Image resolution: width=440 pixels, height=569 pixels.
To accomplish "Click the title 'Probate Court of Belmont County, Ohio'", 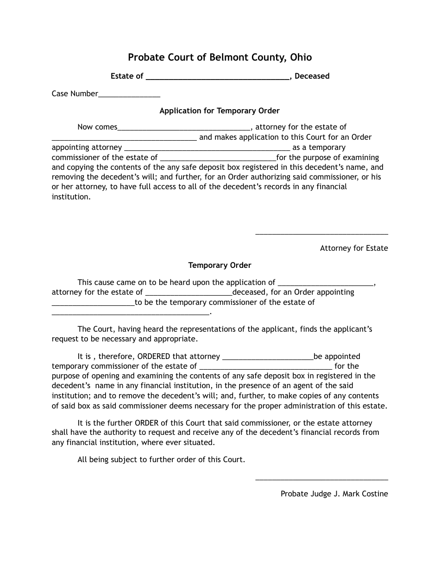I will pos(220,57).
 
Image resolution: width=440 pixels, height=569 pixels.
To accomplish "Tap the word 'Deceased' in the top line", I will pos(312,76).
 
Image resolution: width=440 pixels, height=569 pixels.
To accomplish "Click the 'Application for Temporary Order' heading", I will pos(220,111).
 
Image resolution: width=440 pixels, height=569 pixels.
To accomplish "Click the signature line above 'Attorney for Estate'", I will pos(321,234).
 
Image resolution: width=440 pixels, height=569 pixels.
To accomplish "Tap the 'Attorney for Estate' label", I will pos(354,248).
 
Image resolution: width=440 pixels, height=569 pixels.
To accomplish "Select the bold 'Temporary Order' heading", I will pos(220,266).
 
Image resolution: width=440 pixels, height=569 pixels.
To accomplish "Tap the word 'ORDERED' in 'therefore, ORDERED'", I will pos(153,357).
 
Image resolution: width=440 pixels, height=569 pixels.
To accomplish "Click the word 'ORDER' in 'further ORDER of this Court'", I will pos(146,423).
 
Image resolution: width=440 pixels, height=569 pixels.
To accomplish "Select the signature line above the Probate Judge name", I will pos(321,480).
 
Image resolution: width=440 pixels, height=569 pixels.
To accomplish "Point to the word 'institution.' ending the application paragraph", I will pos(71,197).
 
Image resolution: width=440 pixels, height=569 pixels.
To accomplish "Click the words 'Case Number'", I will pos(75,94).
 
